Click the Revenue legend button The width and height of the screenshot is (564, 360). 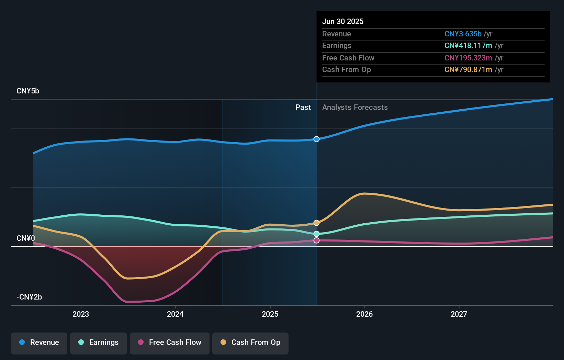(x=39, y=342)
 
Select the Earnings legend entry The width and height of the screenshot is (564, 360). (x=99, y=342)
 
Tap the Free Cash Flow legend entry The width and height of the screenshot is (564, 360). (x=170, y=342)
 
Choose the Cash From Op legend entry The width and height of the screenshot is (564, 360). (x=250, y=342)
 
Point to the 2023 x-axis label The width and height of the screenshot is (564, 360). (x=81, y=314)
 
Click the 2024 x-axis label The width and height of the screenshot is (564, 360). (x=175, y=314)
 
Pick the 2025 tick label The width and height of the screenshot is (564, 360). (x=270, y=314)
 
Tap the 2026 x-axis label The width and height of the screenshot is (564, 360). (x=364, y=314)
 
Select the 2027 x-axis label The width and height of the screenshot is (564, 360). (x=459, y=314)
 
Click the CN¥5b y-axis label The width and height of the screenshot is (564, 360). (x=28, y=91)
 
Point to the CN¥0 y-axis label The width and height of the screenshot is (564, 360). (x=26, y=238)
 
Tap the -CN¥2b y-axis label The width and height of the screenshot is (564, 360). (x=29, y=297)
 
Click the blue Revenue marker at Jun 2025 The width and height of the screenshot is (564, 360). (x=317, y=139)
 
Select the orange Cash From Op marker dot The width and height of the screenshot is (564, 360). (x=317, y=223)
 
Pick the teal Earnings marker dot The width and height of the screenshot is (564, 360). (x=317, y=234)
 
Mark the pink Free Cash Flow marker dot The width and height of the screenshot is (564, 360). (x=317, y=240)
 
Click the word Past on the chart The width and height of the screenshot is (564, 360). (x=303, y=108)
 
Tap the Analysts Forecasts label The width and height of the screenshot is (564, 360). (x=355, y=108)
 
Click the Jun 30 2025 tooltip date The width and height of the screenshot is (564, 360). (x=343, y=22)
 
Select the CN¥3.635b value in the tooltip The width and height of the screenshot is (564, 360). (x=463, y=34)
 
